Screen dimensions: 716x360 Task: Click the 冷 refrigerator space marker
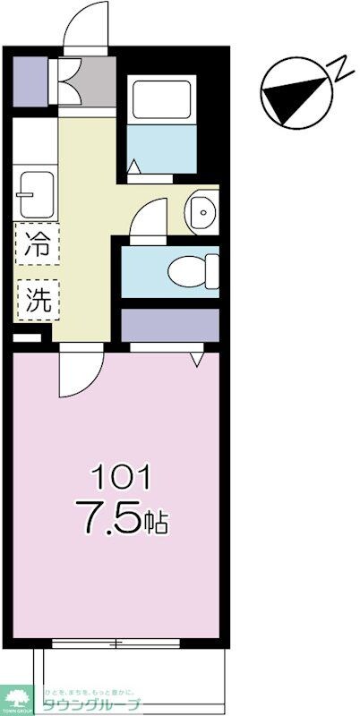point(37,243)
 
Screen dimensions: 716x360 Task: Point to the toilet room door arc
point(148,217)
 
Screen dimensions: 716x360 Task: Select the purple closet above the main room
point(170,324)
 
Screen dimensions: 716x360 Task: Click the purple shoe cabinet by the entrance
point(32,80)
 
